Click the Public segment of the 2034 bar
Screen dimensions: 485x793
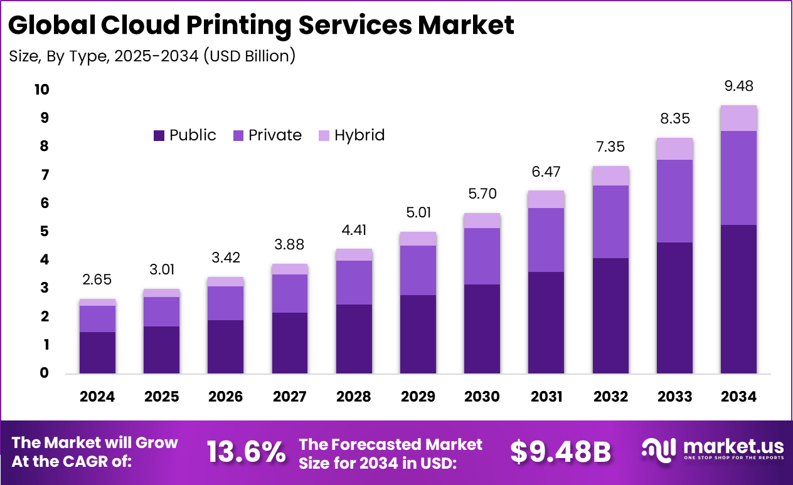738,299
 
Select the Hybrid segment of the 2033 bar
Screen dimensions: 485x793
674,149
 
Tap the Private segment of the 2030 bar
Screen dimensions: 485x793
482,256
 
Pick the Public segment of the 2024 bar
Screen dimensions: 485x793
97,352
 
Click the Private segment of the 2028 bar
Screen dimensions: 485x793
354,282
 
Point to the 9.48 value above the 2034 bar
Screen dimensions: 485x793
738,86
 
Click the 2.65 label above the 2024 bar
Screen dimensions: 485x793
97,279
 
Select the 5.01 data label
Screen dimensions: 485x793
418,212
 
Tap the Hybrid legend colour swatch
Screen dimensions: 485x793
323,135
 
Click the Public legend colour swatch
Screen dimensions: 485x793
159,135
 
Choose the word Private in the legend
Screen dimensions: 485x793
275,135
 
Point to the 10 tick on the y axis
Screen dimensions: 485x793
41,90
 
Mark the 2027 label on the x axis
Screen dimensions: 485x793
290,397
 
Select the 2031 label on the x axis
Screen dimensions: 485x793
546,397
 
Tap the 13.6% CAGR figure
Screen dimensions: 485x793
246,452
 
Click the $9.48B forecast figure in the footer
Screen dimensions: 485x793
560,452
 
